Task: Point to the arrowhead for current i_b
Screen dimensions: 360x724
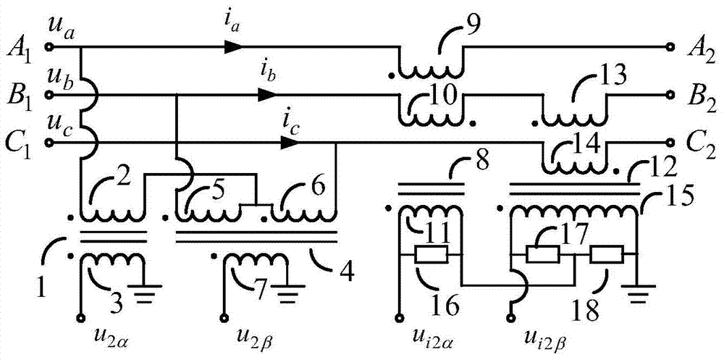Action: click(268, 95)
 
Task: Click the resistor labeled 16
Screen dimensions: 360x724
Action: click(432, 256)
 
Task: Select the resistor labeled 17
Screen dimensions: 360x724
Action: click(542, 255)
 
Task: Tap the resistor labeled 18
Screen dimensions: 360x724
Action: click(606, 255)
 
